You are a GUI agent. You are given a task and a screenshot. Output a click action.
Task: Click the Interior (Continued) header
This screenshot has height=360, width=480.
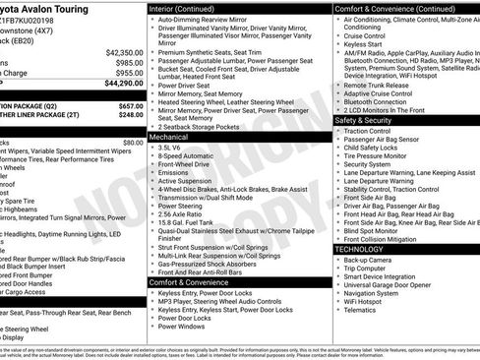point(189,7)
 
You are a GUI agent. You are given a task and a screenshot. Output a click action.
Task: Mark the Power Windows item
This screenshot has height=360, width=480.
point(182,326)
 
